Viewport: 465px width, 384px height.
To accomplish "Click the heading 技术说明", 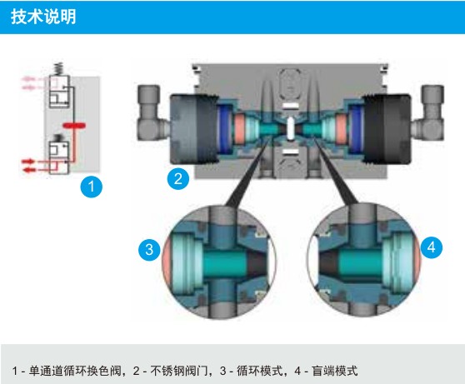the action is click(43, 17).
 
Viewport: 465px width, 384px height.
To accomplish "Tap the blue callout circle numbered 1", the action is click(92, 187).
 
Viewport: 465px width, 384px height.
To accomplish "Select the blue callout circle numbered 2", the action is click(178, 179).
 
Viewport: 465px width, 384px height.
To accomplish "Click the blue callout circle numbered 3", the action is click(149, 249).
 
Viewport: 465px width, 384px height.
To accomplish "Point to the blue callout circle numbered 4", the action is click(431, 247).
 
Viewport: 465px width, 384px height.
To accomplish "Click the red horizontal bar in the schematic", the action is click(74, 126).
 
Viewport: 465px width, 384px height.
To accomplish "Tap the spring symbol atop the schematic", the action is click(58, 69).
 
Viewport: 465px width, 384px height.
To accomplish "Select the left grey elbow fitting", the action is click(152, 112).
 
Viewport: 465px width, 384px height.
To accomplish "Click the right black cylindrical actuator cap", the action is click(387, 129).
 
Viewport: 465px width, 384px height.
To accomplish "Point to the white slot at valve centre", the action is click(291, 127).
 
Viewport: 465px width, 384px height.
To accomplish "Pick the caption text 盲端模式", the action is click(334, 371).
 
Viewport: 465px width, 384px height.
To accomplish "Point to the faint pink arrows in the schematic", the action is click(29, 83).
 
